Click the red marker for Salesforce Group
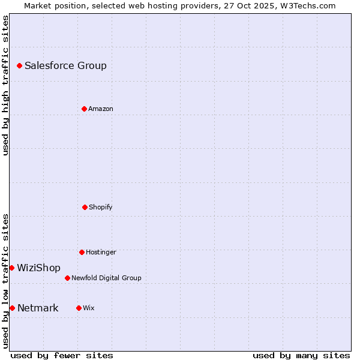[19, 65]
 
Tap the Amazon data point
[84, 109]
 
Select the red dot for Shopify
[85, 207]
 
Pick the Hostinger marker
[82, 252]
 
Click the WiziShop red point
[11, 268]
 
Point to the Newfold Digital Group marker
[67, 278]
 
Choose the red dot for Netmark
[12, 308]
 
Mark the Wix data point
[79, 308]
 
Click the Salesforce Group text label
[65, 66]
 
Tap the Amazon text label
[101, 109]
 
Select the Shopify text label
[101, 208]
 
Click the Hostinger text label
[101, 253]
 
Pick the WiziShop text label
[38, 268]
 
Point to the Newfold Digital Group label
[106, 278]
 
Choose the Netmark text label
[38, 308]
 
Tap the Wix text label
[89, 308]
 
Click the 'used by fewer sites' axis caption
[62, 356]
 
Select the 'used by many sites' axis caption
[301, 356]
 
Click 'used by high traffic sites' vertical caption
[5, 85]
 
